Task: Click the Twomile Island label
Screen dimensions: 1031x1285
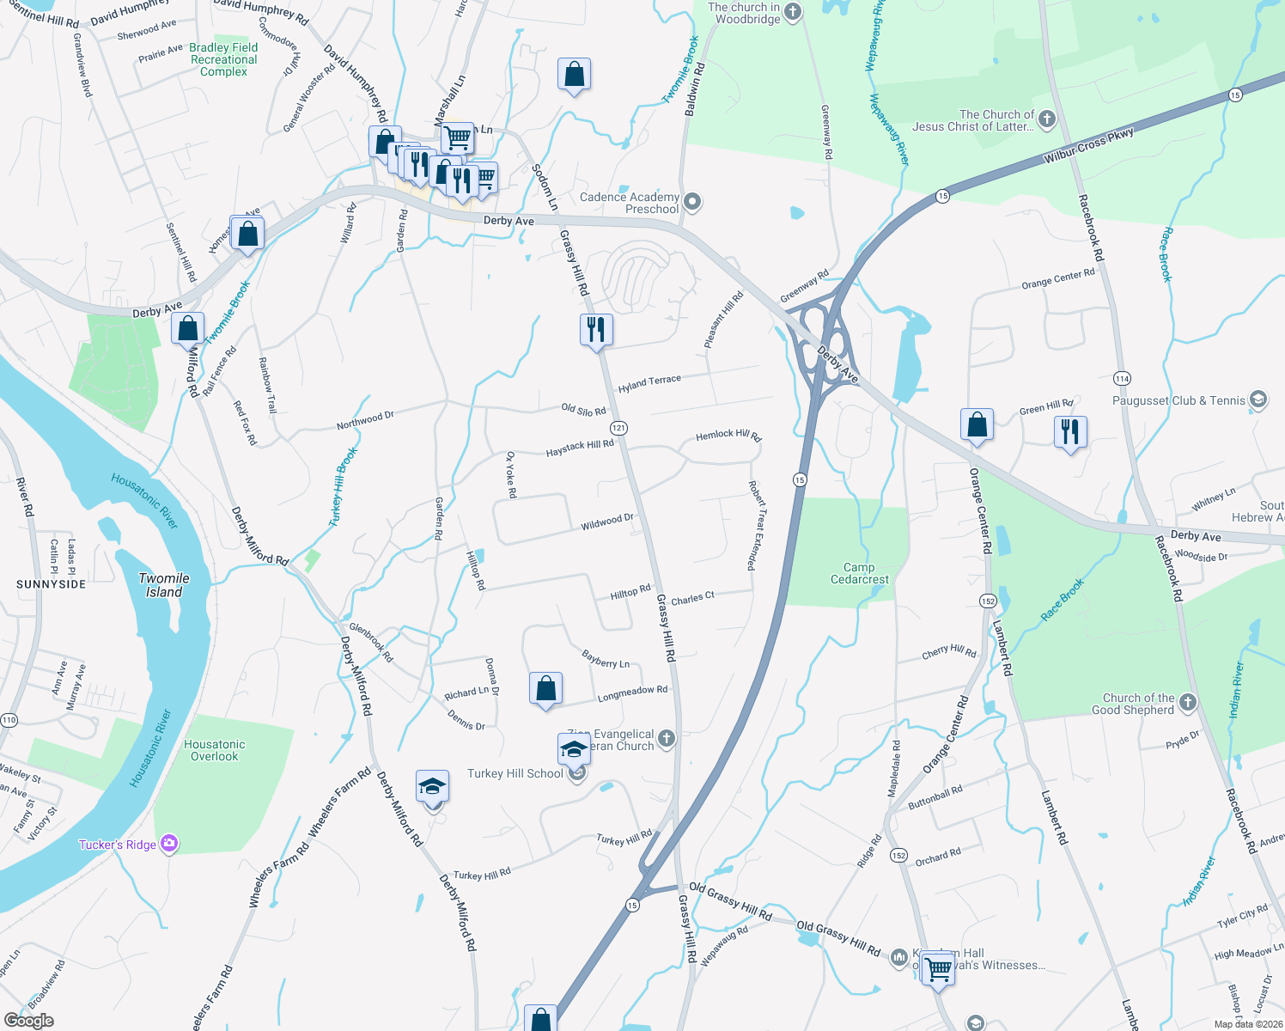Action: [x=164, y=585]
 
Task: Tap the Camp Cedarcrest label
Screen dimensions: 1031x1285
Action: [x=859, y=573]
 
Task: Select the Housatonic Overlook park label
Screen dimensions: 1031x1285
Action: [x=215, y=750]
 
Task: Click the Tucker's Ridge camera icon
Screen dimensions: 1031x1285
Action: [x=170, y=844]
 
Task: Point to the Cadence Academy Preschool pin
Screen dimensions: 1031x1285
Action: [x=693, y=203]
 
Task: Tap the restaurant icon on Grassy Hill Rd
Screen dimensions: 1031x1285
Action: [x=595, y=329]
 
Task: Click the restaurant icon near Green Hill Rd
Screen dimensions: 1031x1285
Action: [x=1069, y=431]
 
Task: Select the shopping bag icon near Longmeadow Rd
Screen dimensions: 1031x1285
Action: [x=545, y=688]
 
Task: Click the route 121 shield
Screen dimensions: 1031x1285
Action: [x=618, y=428]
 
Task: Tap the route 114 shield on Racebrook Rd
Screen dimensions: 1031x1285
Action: [x=1122, y=378]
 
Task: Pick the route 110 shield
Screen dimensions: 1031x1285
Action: [x=9, y=720]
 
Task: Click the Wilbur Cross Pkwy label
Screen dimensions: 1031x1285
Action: [x=1088, y=146]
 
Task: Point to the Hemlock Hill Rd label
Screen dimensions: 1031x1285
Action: [x=728, y=436]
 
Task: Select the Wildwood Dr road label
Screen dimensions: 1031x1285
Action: [x=606, y=522]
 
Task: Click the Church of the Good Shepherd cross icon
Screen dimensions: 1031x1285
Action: [x=1188, y=703]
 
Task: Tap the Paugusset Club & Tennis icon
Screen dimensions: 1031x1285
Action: [x=1258, y=400]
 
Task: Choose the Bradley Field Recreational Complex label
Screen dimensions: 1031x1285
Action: [x=223, y=60]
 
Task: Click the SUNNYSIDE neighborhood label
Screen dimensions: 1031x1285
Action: [x=52, y=584]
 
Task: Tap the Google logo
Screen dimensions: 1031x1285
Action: [x=28, y=1021]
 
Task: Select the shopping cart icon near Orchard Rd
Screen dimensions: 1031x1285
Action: [x=938, y=969]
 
